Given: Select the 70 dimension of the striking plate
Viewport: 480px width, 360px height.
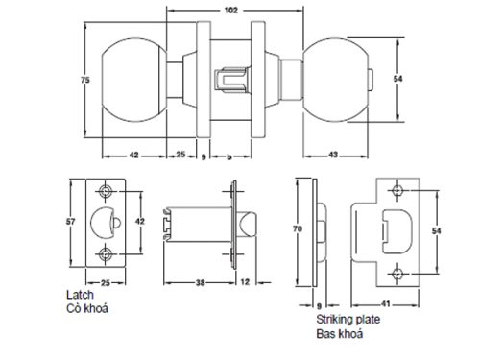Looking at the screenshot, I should coord(298,230).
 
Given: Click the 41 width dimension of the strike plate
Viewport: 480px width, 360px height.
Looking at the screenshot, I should coord(396,302).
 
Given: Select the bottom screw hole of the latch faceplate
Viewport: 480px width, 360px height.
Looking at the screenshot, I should coord(106,254).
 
